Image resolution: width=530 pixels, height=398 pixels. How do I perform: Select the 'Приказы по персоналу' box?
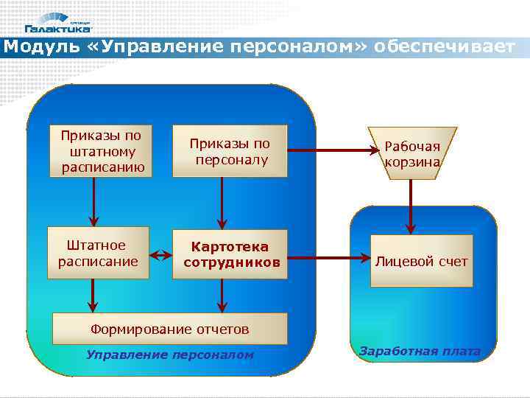pyautogui.click(x=229, y=152)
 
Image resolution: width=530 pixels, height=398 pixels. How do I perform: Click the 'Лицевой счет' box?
pyautogui.click(x=421, y=261)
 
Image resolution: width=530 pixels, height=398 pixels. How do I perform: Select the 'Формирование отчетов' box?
pyautogui.click(x=169, y=329)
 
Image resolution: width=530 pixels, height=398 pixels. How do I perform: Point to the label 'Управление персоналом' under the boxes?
pyautogui.click(x=169, y=355)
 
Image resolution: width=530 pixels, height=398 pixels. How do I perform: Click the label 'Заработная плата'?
pyautogui.click(x=420, y=352)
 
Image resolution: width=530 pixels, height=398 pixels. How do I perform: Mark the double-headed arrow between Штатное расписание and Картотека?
pyautogui.click(x=160, y=257)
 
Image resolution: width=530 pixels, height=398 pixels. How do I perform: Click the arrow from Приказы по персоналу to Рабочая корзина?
pyautogui.click(x=331, y=153)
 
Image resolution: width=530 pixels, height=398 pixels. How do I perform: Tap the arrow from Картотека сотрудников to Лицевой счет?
pyautogui.click(x=328, y=259)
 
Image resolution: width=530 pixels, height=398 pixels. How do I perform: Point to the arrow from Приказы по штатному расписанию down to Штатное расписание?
pyautogui.click(x=93, y=202)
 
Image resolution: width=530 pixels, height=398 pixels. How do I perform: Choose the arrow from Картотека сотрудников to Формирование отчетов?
pyautogui.click(x=222, y=296)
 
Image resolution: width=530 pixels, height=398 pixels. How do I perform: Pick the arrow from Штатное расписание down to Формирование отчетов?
pyautogui.click(x=92, y=295)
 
